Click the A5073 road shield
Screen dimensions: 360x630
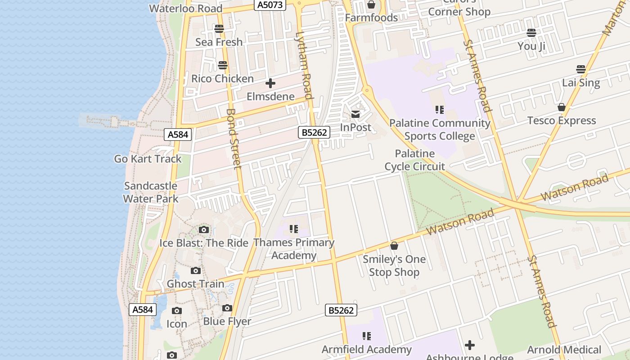(270, 5)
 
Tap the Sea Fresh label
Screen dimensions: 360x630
(219, 42)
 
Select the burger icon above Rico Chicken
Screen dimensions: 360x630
(223, 65)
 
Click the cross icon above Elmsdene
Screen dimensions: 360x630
(270, 83)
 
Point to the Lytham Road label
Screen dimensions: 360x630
(305, 65)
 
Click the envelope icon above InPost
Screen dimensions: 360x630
(355, 114)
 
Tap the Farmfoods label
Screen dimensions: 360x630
(371, 18)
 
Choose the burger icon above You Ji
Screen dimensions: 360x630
(531, 33)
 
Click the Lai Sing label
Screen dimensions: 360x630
(581, 83)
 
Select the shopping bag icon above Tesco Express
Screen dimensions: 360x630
(562, 107)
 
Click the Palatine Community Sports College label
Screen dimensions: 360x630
(440, 130)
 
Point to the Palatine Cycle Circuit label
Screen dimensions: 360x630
(414, 160)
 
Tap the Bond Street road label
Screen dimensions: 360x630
(234, 138)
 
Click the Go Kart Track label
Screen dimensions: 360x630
(148, 159)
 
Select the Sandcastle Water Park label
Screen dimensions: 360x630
(151, 192)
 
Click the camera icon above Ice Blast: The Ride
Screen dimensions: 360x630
(204, 230)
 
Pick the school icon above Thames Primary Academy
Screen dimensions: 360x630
(294, 229)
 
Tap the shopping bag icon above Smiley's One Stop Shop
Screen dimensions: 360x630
(394, 246)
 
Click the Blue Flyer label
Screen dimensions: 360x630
(227, 321)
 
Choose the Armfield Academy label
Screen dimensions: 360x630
(366, 349)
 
